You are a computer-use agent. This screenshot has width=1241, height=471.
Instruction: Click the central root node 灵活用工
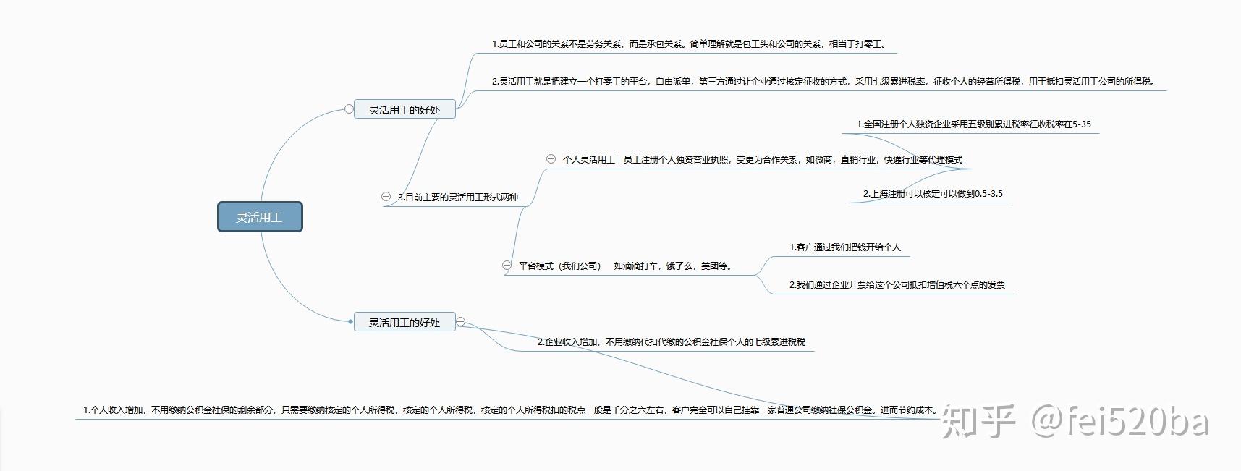click(260, 217)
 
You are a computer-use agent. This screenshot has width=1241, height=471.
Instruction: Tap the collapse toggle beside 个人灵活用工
click(551, 159)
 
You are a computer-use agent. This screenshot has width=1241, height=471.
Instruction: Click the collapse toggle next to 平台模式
click(507, 266)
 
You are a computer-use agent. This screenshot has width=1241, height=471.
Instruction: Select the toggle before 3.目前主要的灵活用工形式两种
click(386, 197)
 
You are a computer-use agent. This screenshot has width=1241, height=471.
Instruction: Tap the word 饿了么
click(679, 266)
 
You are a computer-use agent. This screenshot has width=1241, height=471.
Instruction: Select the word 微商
click(823, 159)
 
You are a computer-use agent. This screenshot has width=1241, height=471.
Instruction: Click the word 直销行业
click(858, 159)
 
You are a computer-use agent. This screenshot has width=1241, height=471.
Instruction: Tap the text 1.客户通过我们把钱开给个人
click(844, 247)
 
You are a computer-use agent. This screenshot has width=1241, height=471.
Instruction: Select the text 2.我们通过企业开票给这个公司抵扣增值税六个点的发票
click(897, 284)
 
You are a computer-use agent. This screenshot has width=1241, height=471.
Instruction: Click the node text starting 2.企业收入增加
click(671, 341)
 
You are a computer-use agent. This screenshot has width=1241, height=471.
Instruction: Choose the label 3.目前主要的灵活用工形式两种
click(458, 197)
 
